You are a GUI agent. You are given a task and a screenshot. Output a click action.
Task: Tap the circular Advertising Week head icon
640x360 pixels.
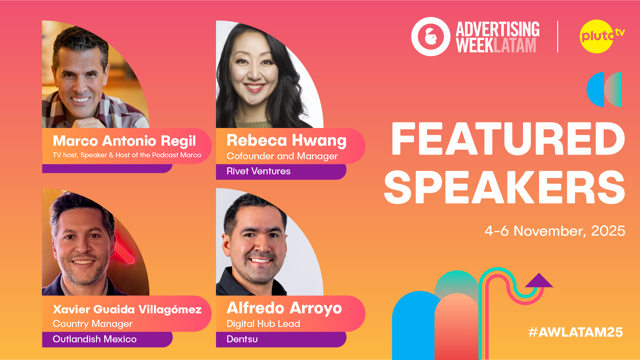(431, 37)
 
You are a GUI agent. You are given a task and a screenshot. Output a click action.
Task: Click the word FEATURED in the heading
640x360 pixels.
(508, 139)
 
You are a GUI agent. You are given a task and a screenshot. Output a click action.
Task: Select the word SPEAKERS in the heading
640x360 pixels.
(504, 187)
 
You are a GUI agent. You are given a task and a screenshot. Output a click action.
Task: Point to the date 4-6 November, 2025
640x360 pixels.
(555, 231)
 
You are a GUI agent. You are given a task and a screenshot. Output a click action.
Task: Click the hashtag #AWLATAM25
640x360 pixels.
(575, 332)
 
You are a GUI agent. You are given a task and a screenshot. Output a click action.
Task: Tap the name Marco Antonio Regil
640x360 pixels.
(124, 141)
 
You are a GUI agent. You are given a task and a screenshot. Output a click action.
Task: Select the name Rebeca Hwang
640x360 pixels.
(287, 140)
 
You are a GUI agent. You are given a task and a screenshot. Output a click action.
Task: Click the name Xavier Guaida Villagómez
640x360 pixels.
(127, 310)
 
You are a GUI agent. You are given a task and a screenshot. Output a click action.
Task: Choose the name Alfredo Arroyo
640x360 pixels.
(284, 308)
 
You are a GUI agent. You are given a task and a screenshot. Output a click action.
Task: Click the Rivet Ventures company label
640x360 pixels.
(259, 171)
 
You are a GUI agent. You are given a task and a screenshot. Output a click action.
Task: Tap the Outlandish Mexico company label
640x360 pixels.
(95, 339)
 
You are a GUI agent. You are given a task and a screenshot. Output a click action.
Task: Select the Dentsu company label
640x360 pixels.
(242, 339)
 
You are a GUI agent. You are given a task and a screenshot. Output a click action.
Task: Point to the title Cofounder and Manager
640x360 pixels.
(282, 156)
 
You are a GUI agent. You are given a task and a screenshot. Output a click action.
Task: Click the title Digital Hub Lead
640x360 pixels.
(263, 324)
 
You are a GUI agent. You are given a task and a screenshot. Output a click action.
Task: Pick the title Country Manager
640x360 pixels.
(93, 324)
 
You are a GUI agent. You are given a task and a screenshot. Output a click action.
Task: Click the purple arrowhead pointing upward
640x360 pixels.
(539, 281)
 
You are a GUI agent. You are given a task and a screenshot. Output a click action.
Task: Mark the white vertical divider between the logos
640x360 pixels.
(558, 37)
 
